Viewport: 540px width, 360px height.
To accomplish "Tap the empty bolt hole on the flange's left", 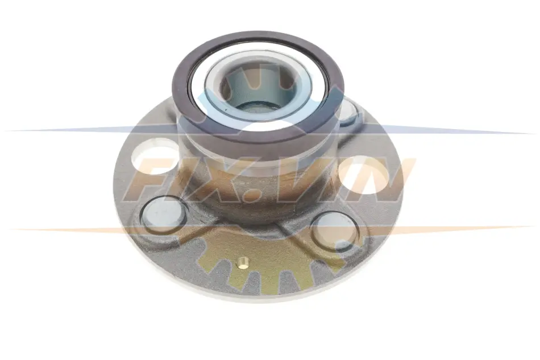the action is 155,157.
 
